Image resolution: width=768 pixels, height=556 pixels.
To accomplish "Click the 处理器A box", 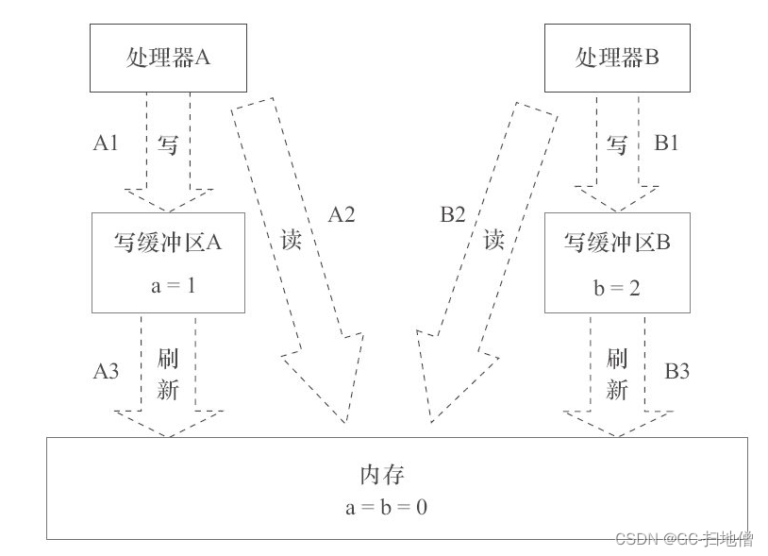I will tap(168, 58).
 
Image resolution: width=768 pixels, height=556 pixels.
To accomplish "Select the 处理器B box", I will tap(617, 58).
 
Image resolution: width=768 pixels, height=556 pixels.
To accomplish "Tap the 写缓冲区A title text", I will tap(168, 242).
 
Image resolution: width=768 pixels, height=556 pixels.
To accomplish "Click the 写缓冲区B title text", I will tap(617, 242).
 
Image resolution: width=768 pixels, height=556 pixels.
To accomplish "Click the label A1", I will tap(106, 143).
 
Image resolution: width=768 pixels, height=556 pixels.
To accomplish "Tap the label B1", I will tap(667, 143).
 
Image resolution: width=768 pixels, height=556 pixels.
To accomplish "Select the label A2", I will tap(341, 215).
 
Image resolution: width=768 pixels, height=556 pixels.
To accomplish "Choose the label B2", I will tap(453, 215).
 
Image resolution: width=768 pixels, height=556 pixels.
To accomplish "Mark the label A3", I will tap(106, 371).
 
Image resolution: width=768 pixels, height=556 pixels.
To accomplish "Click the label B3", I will tap(676, 371).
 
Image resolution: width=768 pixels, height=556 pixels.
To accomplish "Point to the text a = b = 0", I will tap(387, 508).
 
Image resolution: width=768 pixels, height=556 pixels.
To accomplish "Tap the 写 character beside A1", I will tap(168, 144).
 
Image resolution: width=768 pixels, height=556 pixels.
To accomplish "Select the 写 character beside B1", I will tap(617, 144).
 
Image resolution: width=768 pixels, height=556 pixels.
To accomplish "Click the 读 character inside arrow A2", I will tap(292, 239).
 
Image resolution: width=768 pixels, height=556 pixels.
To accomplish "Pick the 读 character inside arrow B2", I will tap(493, 239).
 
